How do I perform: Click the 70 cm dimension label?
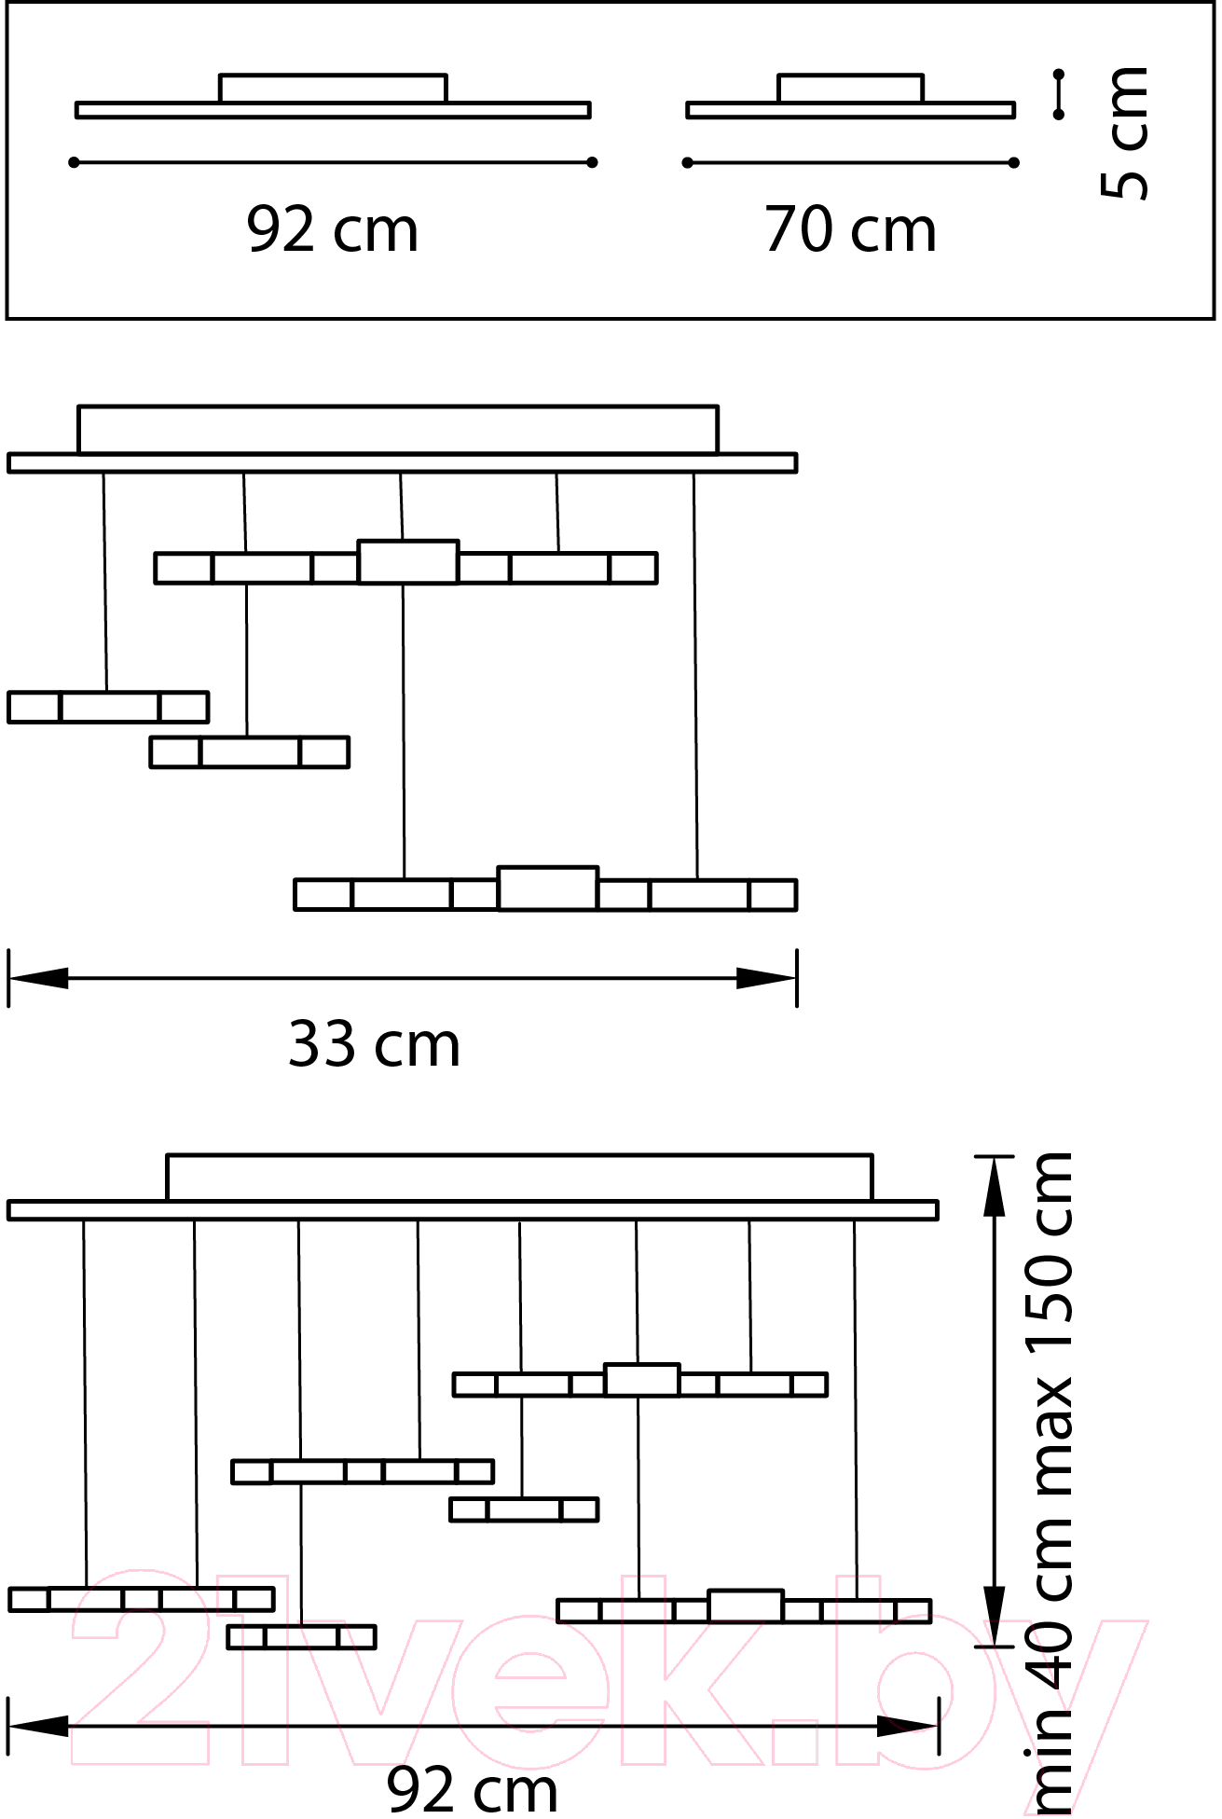(x=850, y=229)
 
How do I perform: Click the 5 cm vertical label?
(x=1124, y=132)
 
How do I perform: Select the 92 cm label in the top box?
(x=333, y=229)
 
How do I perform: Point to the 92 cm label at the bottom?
(x=473, y=1789)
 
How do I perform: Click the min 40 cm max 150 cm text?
(x=1050, y=1482)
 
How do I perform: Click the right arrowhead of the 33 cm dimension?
(x=766, y=978)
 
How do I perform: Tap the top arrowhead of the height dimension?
(x=995, y=1186)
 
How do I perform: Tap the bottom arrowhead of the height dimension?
(x=995, y=1617)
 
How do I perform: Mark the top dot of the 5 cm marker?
(x=1059, y=74)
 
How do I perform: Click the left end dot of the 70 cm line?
(x=688, y=162)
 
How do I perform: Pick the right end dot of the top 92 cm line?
(x=592, y=162)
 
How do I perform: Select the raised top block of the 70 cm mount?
(x=850, y=89)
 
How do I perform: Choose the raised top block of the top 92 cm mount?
(x=333, y=89)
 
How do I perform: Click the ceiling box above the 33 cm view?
(x=398, y=430)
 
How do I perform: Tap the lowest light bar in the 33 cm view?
(x=545, y=889)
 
